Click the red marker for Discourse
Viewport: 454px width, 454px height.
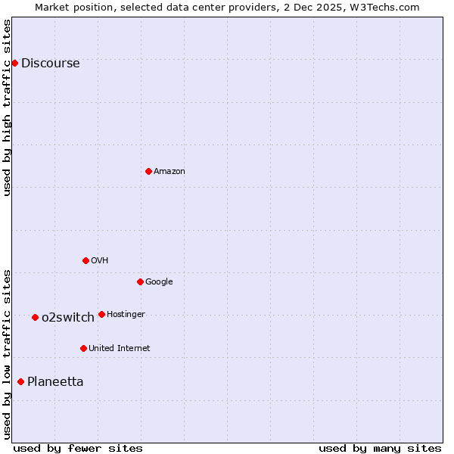[14, 63]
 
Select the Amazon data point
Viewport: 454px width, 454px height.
[148, 171]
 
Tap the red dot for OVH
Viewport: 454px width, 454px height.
[86, 260]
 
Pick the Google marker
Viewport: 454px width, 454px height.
[140, 281]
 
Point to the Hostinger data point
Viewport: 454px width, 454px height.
[101, 314]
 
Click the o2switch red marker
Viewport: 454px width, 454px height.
[35, 317]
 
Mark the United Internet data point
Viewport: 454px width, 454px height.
[83, 348]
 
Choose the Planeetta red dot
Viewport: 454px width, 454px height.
[20, 381]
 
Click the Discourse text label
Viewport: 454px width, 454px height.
[50, 64]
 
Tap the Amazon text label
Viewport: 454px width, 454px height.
[169, 172]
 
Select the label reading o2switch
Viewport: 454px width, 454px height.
[67, 318]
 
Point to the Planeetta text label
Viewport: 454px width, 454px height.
[55, 382]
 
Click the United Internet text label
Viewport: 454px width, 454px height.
[119, 349]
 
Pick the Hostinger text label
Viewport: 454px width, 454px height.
[126, 315]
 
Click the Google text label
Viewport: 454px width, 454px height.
[159, 282]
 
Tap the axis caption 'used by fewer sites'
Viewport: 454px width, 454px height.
[78, 448]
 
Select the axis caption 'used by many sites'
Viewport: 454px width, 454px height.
[380, 448]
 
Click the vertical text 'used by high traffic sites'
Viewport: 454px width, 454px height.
[7, 107]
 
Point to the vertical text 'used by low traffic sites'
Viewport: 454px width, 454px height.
[7, 353]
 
